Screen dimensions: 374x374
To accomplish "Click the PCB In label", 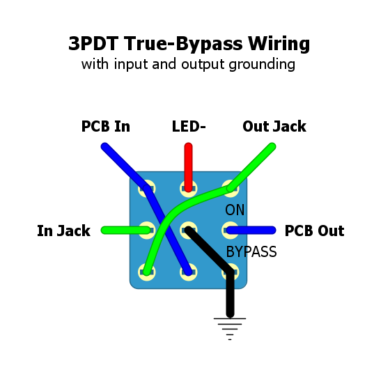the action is (x=106, y=127).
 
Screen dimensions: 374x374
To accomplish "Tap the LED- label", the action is (x=189, y=127).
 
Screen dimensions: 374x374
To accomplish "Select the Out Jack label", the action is (x=274, y=127).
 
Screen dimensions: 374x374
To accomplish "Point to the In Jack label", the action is (x=63, y=231).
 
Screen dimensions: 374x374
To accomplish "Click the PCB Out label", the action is (x=314, y=231).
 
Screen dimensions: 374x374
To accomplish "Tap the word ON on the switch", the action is (x=235, y=210).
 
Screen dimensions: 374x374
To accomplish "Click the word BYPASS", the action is (x=251, y=251).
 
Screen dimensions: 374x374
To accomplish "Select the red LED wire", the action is (x=189, y=167).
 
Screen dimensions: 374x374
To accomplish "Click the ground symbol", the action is (x=230, y=329).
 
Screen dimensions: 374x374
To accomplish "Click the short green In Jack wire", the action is (x=126, y=230).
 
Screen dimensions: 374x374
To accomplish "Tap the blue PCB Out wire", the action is (x=251, y=230).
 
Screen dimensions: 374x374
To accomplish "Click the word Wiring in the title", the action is (x=279, y=44).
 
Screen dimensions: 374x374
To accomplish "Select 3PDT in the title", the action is (x=93, y=44).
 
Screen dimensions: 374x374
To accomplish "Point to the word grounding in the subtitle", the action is (x=262, y=64).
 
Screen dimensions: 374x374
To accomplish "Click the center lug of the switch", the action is (x=189, y=230).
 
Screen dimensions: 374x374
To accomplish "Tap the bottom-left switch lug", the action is (x=147, y=272).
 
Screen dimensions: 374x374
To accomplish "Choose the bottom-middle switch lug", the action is (x=189, y=272).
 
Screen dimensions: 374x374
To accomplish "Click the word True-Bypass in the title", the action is (x=183, y=44).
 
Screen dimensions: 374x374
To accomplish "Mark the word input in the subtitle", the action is (x=131, y=64).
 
